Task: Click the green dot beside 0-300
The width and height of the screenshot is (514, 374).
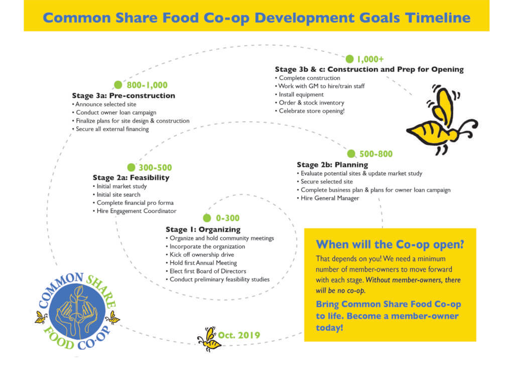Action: [x=207, y=218]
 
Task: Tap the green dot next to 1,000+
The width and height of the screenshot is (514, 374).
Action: [x=350, y=59]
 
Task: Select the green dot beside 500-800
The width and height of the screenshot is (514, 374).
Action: [x=351, y=154]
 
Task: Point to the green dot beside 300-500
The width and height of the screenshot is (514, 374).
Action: [x=131, y=167]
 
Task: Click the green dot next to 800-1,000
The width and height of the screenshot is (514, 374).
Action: [x=118, y=85]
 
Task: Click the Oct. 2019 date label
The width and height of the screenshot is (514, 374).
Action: [x=239, y=335]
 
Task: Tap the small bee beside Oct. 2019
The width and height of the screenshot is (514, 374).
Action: [x=209, y=339]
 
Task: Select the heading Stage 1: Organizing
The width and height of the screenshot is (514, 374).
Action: [x=203, y=229]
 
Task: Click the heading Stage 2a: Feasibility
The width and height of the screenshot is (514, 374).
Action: [x=131, y=177]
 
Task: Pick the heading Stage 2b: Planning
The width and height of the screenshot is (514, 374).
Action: [x=332, y=165]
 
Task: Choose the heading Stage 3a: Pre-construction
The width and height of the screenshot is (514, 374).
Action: [x=123, y=96]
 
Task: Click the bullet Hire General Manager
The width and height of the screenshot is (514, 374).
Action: [x=328, y=198]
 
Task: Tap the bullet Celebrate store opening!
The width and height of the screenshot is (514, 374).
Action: [x=310, y=111]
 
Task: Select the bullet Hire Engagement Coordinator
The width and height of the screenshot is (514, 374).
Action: [x=135, y=211]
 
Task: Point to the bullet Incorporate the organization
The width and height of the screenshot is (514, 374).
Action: [x=205, y=246]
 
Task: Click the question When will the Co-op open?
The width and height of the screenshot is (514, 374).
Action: [x=390, y=245]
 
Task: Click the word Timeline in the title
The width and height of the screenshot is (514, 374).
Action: [x=438, y=18]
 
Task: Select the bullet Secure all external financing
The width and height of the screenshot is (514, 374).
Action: [x=110, y=129]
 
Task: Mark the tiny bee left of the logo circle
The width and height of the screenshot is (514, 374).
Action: [x=41, y=318]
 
